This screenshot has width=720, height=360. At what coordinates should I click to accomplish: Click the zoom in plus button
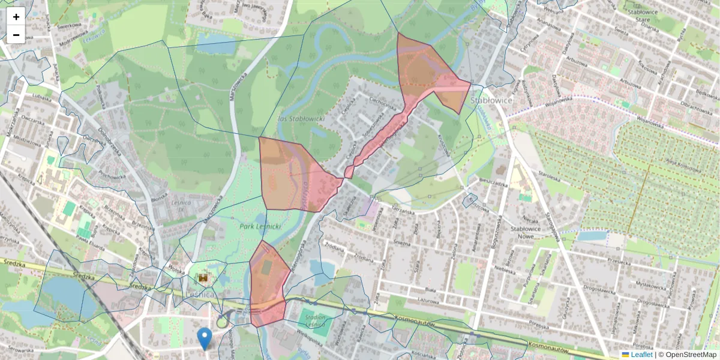coord(16,16)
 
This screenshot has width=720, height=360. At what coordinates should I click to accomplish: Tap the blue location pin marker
coord(205,338)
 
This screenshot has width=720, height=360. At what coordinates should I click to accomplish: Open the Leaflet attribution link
coord(641,355)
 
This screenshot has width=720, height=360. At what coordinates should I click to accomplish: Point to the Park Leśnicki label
coord(260,227)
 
